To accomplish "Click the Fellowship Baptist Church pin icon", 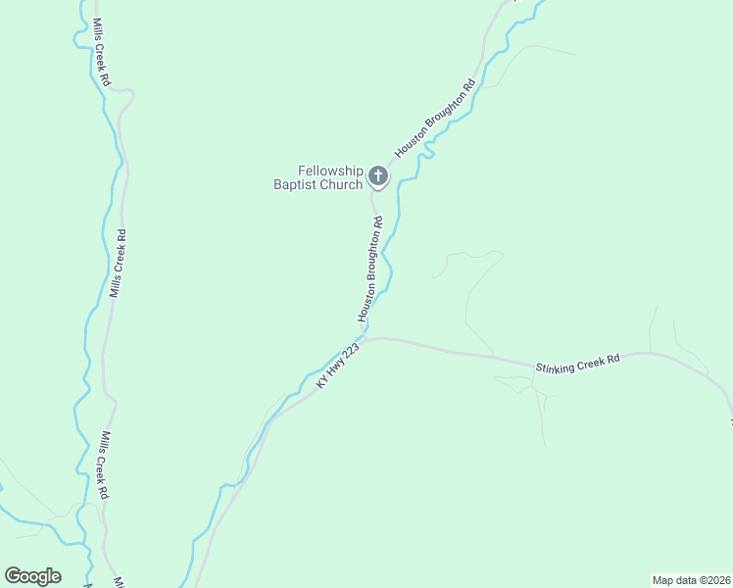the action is pyautogui.click(x=378, y=177).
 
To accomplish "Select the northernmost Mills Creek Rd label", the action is pyautogui.click(x=100, y=50).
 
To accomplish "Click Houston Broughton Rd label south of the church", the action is pyautogui.click(x=369, y=270).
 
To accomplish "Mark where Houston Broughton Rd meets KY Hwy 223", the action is pyautogui.click(x=366, y=338).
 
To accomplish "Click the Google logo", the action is pyautogui.click(x=32, y=575).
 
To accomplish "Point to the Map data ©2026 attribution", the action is pyautogui.click(x=691, y=579).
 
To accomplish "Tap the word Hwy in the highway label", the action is pyautogui.click(x=335, y=369).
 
